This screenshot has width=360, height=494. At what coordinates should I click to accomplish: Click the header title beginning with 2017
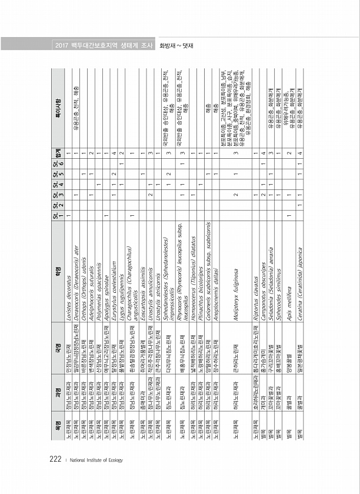[x=103, y=45]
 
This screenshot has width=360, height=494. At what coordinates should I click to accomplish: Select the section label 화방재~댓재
[x=176, y=45]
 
